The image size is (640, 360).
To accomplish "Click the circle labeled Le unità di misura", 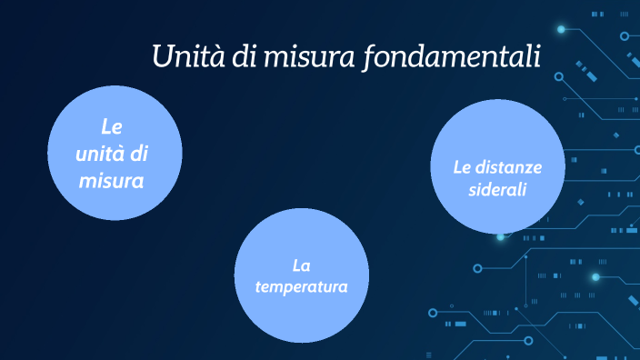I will click(x=113, y=153).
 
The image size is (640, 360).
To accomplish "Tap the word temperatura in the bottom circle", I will click(x=301, y=286).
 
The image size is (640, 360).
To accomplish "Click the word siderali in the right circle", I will click(x=498, y=190).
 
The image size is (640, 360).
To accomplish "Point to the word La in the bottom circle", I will click(x=301, y=265).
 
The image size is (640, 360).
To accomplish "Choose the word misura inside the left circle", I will click(x=112, y=181).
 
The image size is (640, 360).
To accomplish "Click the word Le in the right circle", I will click(x=462, y=167).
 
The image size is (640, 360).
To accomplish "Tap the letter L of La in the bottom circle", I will click(x=296, y=265).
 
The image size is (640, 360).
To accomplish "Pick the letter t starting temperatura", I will click(x=257, y=286).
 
